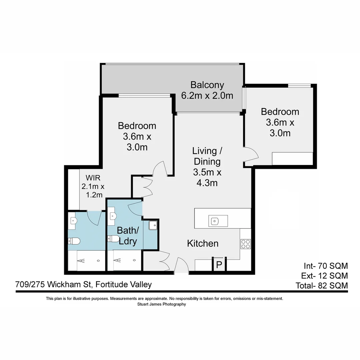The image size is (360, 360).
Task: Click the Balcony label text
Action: coord(207,85)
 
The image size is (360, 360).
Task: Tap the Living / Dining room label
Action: coord(207,151)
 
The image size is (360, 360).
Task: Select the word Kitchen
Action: coord(203,243)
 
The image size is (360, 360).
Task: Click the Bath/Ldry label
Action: coord(128,235)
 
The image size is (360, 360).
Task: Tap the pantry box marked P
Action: coord(219,265)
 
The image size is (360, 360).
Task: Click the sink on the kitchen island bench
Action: coord(215,220)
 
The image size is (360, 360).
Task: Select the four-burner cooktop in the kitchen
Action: coord(245,244)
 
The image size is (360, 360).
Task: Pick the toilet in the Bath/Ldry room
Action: coord(114,238)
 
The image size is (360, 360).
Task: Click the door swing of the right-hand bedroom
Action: coord(251,154)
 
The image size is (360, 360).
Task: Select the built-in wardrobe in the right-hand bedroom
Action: coord(292,158)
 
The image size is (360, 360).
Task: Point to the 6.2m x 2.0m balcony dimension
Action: coord(207,96)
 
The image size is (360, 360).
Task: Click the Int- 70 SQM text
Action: coord(326,266)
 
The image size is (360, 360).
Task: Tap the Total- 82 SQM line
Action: coord(322,286)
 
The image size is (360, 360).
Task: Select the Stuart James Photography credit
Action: coord(161,304)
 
